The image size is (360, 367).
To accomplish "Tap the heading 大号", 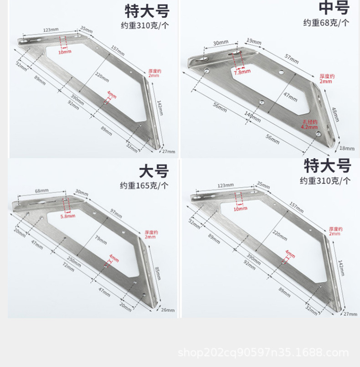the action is (154, 171).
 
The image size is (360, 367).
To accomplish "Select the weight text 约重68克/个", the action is (326, 23).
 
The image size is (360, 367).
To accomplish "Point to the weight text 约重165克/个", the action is (144, 186).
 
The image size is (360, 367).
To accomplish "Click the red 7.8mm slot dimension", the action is (242, 72).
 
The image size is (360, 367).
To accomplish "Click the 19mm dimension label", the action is (254, 41).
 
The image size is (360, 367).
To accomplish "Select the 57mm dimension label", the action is (291, 58).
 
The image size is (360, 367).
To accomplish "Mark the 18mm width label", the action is (347, 148).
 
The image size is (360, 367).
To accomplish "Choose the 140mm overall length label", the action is (252, 117).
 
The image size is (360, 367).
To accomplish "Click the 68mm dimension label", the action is (41, 190).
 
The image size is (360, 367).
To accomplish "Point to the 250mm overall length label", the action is (74, 261).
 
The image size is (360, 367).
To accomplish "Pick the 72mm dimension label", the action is (68, 268).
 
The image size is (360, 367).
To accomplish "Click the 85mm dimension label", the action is (158, 273).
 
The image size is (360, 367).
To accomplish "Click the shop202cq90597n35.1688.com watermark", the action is (263, 352).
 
